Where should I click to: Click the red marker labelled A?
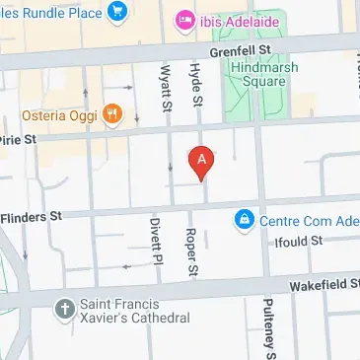[x=202, y=162]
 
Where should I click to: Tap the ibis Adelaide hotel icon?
[x=184, y=21]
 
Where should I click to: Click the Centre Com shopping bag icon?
[x=243, y=219]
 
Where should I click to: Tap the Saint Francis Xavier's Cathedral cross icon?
[x=65, y=309]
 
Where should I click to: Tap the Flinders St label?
[x=32, y=214]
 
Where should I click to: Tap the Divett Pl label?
[x=155, y=240]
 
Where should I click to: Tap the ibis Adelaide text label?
[x=240, y=21]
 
